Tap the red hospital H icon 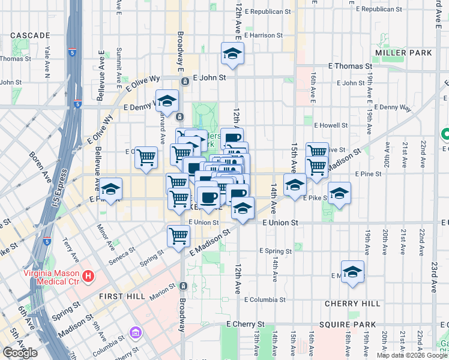pyautogui.click(x=89, y=277)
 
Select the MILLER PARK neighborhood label pyautogui.click(x=403, y=53)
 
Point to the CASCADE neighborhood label pyautogui.click(x=30, y=35)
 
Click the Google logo pyautogui.click(x=20, y=352)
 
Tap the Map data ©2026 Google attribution pyautogui.click(x=412, y=355)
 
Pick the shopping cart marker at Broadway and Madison pyautogui.click(x=178, y=236)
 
